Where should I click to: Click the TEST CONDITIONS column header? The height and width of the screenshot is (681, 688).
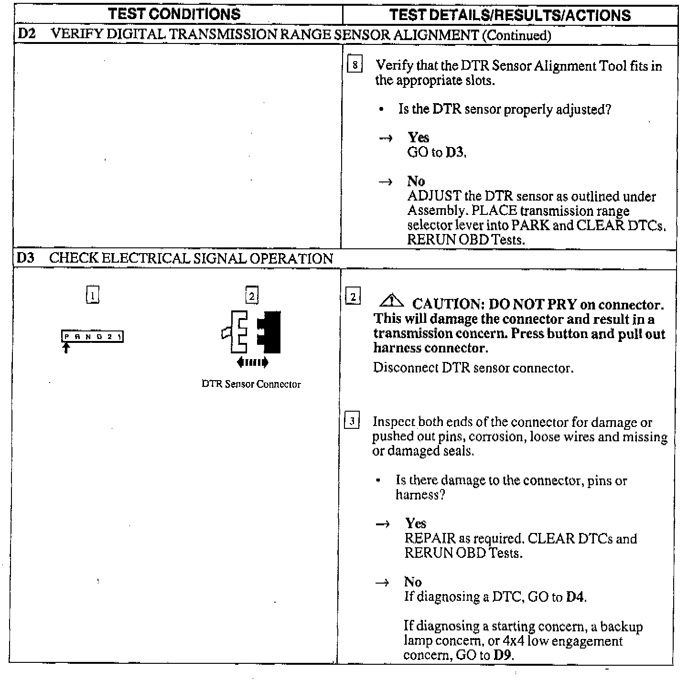[x=175, y=14]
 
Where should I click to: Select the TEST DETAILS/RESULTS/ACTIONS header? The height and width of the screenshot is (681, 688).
[x=510, y=15]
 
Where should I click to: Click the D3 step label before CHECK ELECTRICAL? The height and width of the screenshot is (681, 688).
[x=25, y=258]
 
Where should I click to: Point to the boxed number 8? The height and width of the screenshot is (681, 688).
[x=355, y=64]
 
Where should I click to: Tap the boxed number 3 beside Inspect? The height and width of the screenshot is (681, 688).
[x=352, y=421]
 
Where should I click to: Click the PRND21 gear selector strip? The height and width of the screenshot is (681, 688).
[x=93, y=337]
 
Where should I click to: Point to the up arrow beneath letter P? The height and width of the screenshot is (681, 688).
[x=66, y=348]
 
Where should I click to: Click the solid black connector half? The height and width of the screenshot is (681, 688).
[x=270, y=332]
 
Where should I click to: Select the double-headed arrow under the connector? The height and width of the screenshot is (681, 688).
[x=253, y=363]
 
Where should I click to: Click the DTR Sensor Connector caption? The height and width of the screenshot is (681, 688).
[x=251, y=384]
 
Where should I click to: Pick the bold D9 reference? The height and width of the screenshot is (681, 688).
[x=503, y=655]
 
